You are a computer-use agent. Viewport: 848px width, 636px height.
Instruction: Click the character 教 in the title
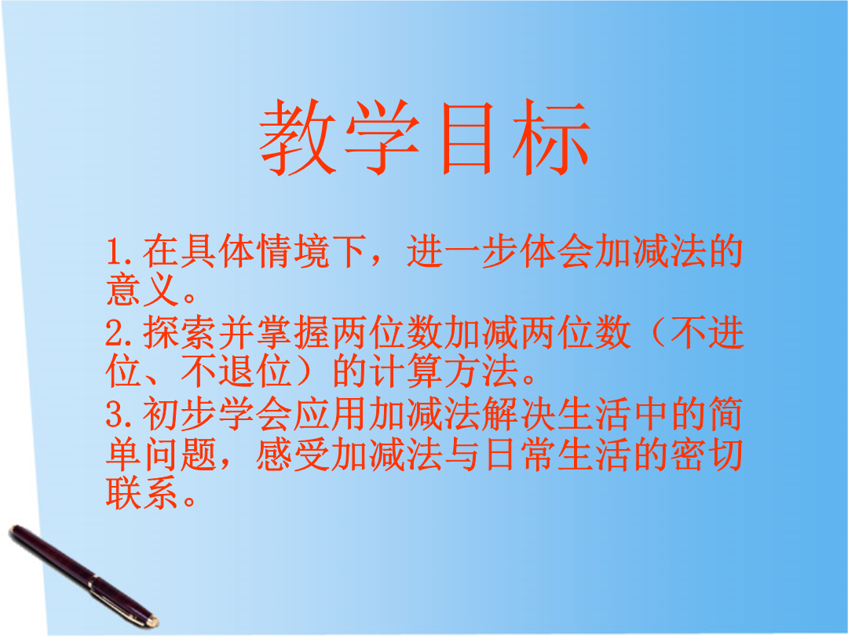pos(298,137)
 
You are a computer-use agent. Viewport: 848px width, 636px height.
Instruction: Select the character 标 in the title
pos(551,137)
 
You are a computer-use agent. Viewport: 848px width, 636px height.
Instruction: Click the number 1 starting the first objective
pos(115,252)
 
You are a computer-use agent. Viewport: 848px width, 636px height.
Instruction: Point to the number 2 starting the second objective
pos(115,333)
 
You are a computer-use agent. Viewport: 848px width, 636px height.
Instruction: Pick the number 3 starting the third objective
pos(115,415)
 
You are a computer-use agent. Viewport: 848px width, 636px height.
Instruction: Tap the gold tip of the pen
pos(153,621)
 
